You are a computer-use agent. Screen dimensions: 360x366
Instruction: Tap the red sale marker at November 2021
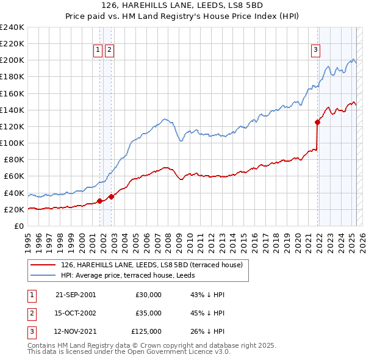(x=318, y=122)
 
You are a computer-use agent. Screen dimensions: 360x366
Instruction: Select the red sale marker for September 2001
(x=99, y=201)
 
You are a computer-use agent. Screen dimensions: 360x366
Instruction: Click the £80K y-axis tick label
(x=14, y=159)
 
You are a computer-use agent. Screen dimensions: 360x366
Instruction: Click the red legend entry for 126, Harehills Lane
(x=152, y=264)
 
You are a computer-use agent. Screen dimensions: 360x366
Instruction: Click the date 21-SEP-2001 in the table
(x=76, y=295)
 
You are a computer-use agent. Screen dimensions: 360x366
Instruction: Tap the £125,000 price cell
(x=146, y=332)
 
